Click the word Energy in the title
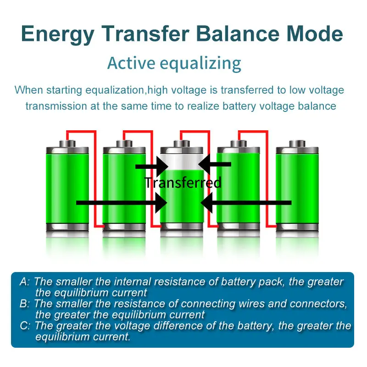[57, 34]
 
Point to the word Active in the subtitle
[133, 63]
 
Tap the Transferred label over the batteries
[183, 183]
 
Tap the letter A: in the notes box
[25, 282]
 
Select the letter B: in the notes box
[25, 304]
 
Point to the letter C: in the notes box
[25, 326]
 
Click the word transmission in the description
[56, 106]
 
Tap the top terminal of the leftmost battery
[68, 144]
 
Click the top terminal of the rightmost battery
[296, 144]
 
